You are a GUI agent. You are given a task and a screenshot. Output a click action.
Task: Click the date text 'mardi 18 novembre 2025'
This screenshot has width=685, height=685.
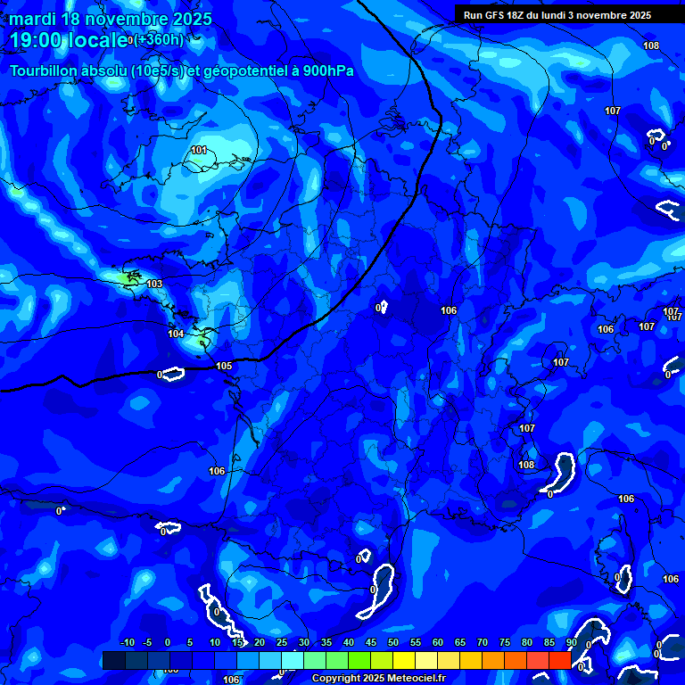pos(111,19)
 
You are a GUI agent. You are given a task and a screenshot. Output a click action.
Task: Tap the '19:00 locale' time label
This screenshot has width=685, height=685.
pos(69,39)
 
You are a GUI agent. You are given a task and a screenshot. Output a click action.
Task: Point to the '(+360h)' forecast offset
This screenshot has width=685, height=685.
pos(159,39)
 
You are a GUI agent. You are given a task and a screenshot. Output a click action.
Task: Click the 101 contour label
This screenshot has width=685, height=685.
pos(199,150)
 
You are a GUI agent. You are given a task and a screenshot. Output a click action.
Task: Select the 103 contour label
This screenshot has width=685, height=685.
pos(154,284)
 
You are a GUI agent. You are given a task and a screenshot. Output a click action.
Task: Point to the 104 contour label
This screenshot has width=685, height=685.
pos(176,334)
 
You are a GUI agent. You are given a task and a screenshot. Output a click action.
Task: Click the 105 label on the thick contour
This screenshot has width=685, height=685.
pos(224,366)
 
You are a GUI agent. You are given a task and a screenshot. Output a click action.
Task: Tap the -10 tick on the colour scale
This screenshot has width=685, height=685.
pos(127,643)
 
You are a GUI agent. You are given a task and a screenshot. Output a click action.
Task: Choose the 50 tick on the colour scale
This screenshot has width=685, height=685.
pos(393,643)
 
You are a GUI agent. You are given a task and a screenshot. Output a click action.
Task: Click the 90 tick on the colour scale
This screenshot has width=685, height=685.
pos(571,643)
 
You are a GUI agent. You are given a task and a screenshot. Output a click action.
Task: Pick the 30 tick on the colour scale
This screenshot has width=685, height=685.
pos(304,643)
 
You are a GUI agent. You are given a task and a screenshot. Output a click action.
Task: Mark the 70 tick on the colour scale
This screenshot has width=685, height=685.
pos(483,643)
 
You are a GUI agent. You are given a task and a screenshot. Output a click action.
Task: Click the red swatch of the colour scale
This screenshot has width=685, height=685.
pos(560,660)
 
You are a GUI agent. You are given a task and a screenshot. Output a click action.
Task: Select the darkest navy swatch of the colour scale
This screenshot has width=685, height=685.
pos(113,660)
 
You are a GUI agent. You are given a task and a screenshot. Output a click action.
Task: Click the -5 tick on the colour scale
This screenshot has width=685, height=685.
pos(147,643)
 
